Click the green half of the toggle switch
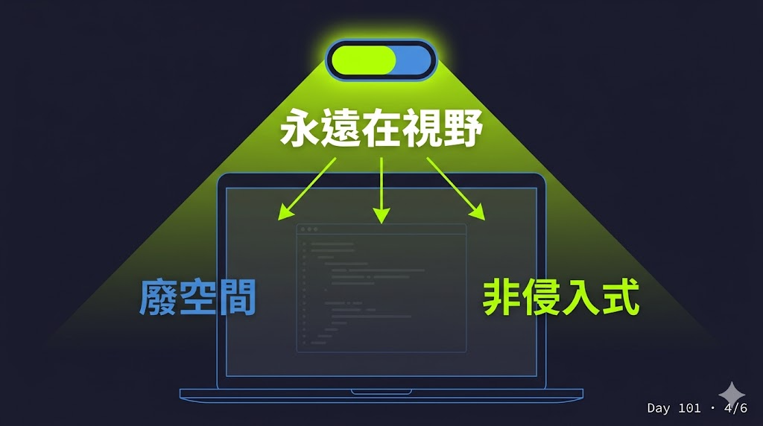364,60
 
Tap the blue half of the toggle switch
413,60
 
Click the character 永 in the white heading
300,127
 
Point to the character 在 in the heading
381,127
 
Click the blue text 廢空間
197,297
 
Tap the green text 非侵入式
561,297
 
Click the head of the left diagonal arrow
285,213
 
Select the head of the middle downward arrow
381,215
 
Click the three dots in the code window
309,229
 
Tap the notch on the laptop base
381,392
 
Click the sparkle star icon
732,394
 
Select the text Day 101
674,408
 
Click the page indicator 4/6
735,408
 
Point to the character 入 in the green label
581,297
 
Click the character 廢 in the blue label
159,297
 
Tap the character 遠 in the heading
340,127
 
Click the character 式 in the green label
621,297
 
